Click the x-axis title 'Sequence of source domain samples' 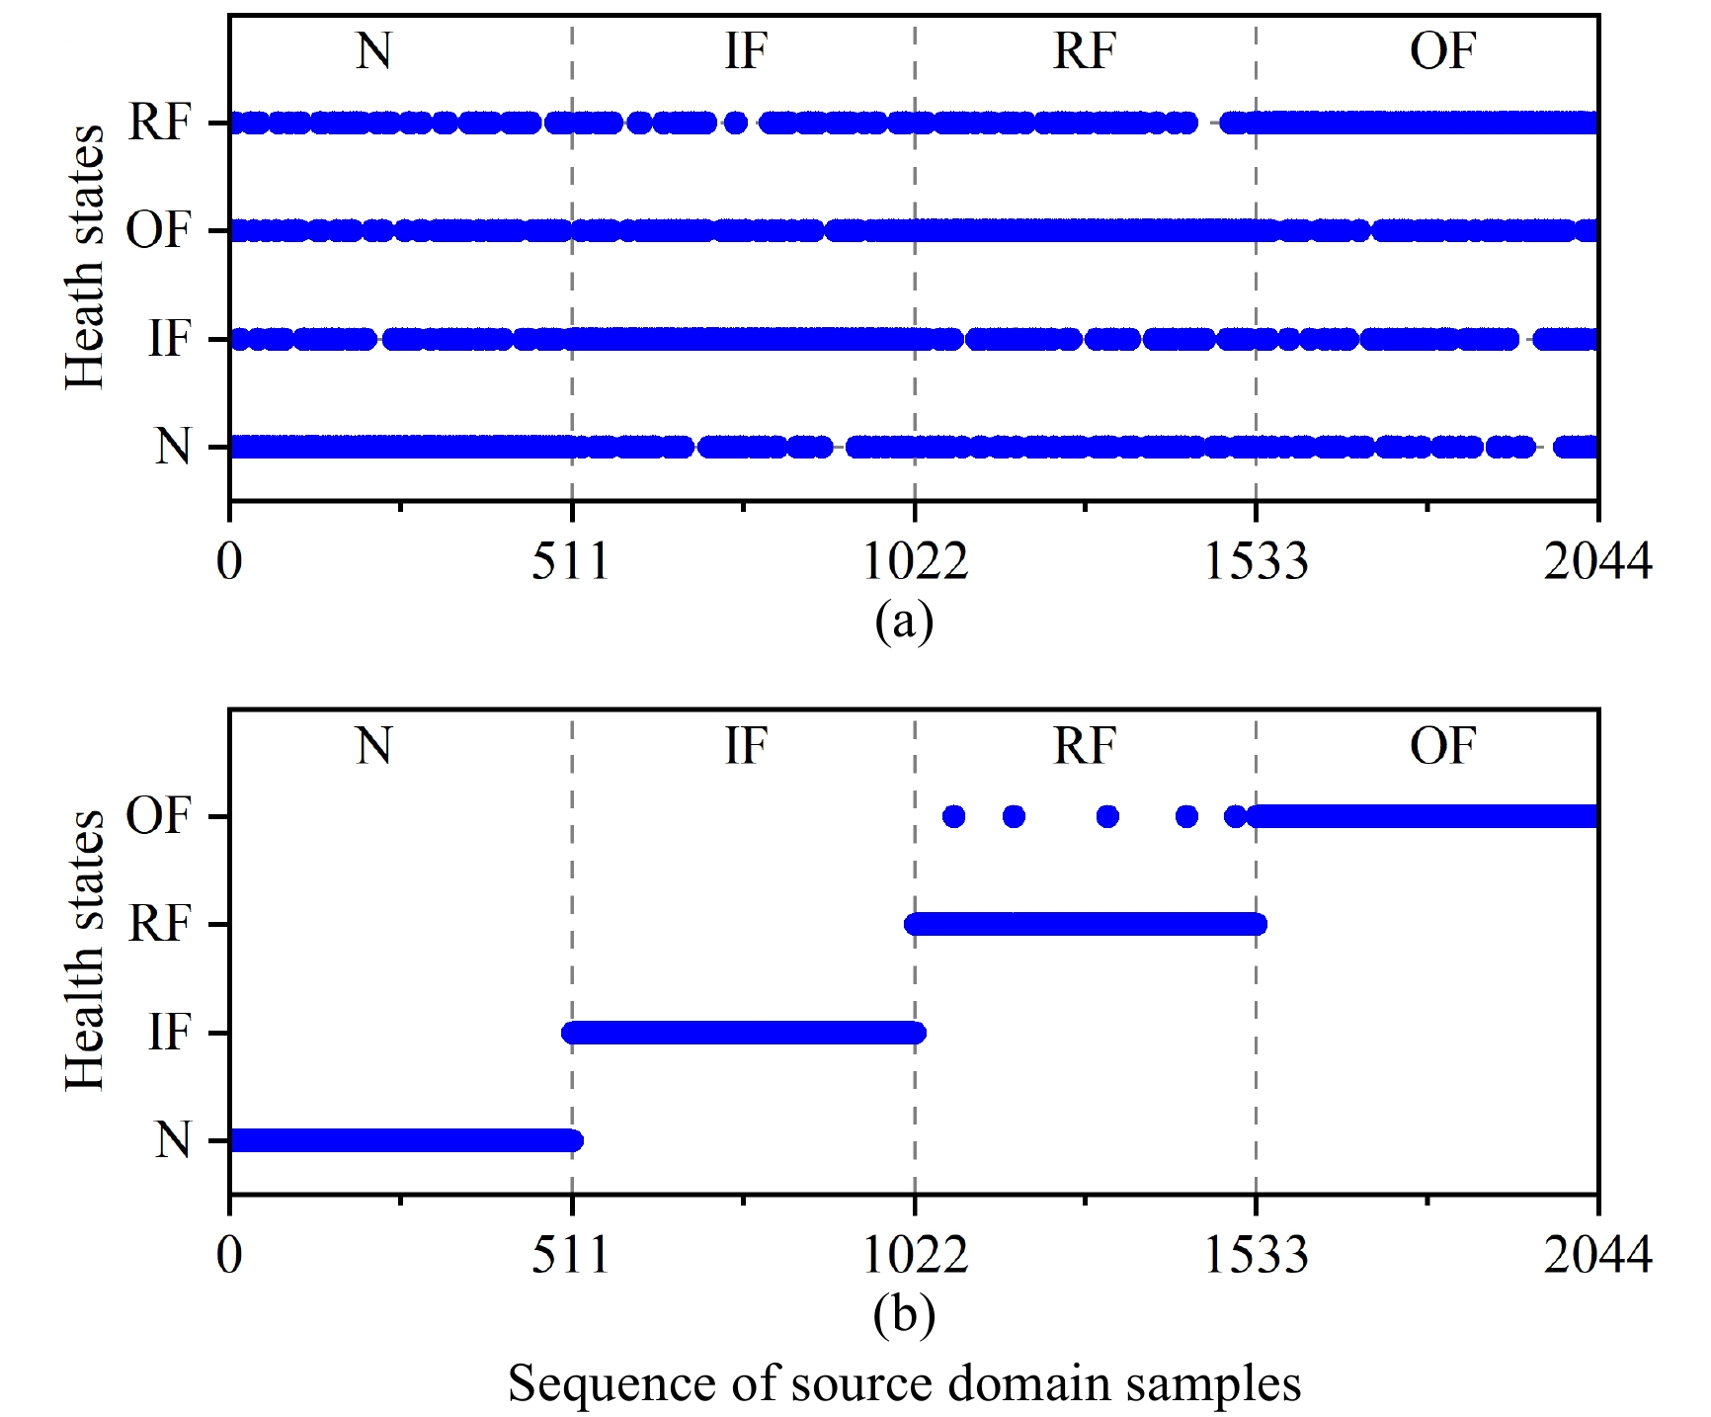tap(904, 1383)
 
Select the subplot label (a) tap(904, 622)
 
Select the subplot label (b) tap(904, 1315)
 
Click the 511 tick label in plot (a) tap(571, 561)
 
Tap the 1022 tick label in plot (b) tap(915, 1255)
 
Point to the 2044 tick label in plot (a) tap(1597, 561)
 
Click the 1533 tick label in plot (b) tap(1256, 1255)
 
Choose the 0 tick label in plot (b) tap(229, 1255)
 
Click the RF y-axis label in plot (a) tap(159, 124)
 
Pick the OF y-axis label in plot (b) tap(158, 816)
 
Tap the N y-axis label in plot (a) tap(172, 447)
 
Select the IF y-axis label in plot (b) tap(169, 1033)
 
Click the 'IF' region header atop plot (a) tap(746, 51)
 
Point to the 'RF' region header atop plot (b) tap(1085, 746)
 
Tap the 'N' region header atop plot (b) tap(374, 746)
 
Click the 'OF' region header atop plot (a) tap(1442, 51)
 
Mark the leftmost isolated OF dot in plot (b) tap(953, 816)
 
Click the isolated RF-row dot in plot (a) tap(735, 124)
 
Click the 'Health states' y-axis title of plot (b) tap(85, 951)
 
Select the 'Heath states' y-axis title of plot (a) tap(85, 257)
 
